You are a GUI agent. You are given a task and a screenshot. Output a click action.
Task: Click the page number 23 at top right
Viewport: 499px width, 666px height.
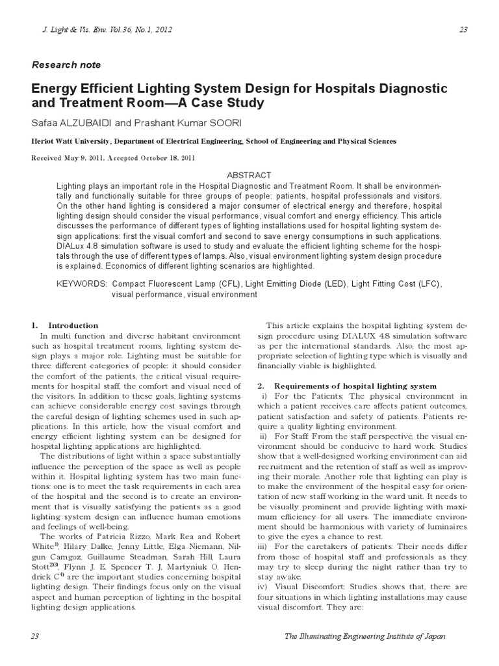click(x=463, y=29)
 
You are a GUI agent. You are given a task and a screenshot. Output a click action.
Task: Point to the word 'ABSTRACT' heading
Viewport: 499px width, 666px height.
click(x=249, y=176)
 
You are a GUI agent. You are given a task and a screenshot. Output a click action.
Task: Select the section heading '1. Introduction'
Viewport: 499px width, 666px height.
click(x=65, y=325)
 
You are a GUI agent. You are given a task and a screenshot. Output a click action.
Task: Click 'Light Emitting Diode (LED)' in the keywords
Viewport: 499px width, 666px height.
click(x=287, y=284)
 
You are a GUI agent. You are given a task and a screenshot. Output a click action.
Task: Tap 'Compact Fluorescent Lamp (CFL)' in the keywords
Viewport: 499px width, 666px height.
click(x=174, y=284)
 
